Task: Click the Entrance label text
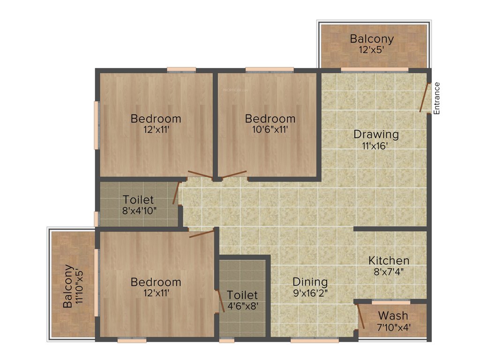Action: click(x=437, y=98)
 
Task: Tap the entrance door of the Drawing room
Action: click(x=424, y=98)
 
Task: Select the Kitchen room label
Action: click(x=389, y=261)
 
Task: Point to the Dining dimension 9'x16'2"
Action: click(x=310, y=294)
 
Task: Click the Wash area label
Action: click(x=393, y=315)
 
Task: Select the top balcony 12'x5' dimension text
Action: click(x=372, y=50)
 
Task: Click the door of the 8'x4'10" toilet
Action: click(x=176, y=193)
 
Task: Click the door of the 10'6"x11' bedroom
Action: click(x=234, y=175)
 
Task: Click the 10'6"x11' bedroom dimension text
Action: click(x=270, y=129)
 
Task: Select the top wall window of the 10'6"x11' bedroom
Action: click(x=270, y=70)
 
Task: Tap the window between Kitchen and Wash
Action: click(x=391, y=301)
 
